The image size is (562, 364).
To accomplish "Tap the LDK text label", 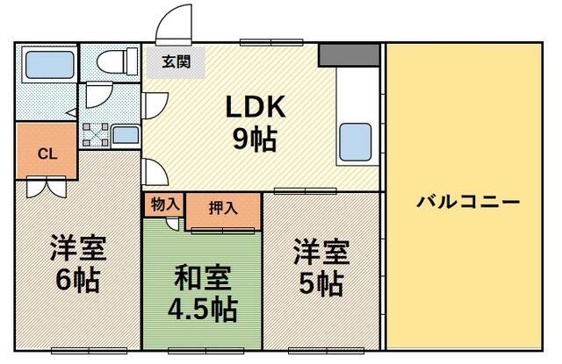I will tap(256, 107).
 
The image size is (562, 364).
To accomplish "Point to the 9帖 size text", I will tap(256, 139).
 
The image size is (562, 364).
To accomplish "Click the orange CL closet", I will tap(47, 153).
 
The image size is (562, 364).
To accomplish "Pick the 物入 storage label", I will tap(164, 204).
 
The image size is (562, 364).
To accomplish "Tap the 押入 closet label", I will tap(222, 209).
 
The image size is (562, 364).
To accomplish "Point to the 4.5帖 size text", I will tap(203, 309).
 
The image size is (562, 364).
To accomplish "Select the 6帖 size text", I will tap(77, 281).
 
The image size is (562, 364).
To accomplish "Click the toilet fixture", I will tap(115, 62).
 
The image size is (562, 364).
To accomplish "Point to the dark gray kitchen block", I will tap(348, 54).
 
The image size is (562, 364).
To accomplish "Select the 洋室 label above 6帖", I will tap(77, 247).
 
